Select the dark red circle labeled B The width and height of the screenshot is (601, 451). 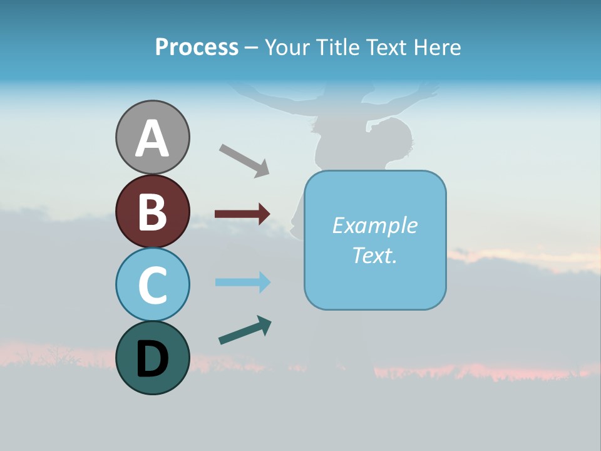pyautogui.click(x=152, y=211)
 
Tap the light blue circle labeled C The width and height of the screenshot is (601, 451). pyautogui.click(x=152, y=284)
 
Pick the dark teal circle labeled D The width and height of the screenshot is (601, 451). pyautogui.click(x=152, y=358)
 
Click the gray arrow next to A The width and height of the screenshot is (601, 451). pyautogui.click(x=244, y=160)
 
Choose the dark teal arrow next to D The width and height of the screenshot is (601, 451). pyautogui.click(x=245, y=330)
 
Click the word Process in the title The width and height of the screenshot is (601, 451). pyautogui.click(x=197, y=47)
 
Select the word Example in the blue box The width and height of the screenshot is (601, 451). pyautogui.click(x=374, y=225)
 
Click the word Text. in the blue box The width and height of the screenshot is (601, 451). pyautogui.click(x=374, y=255)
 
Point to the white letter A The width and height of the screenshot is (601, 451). pyautogui.click(x=152, y=139)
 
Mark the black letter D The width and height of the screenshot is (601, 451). pyautogui.click(x=152, y=360)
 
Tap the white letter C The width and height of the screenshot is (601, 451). pyautogui.click(x=152, y=285)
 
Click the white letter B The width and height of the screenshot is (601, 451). pyautogui.click(x=152, y=212)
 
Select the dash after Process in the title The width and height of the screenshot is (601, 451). pyautogui.click(x=251, y=48)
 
